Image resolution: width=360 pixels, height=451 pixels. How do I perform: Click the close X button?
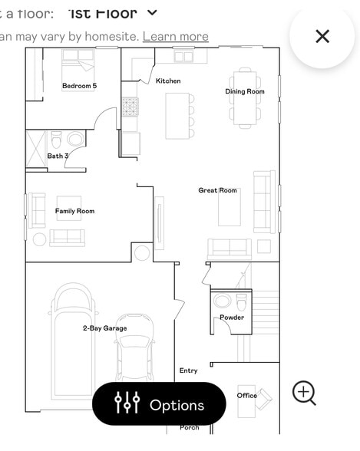(x=322, y=36)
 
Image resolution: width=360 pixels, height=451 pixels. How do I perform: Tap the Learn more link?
(x=175, y=36)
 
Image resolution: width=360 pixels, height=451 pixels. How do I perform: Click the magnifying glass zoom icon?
(x=304, y=393)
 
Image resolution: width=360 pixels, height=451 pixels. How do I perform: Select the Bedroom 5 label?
(x=79, y=86)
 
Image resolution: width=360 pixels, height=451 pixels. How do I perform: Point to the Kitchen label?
(x=168, y=81)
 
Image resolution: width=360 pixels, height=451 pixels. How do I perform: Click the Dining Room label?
(x=245, y=91)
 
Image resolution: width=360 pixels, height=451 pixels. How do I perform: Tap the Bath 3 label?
(x=58, y=156)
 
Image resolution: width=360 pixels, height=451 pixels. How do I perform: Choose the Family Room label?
(x=74, y=211)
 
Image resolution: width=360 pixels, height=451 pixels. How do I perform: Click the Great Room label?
(x=217, y=190)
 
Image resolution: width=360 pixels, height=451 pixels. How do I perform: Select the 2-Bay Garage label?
(x=104, y=328)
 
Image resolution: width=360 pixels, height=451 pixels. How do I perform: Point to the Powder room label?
(x=232, y=318)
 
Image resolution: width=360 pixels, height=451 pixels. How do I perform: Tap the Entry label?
(x=188, y=370)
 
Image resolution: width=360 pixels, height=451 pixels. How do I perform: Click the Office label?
(x=246, y=396)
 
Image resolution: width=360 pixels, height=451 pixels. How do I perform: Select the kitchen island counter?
(x=177, y=116)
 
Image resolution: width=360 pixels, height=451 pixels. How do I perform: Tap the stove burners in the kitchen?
(x=130, y=107)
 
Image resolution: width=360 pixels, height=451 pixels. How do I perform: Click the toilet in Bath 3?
(x=56, y=140)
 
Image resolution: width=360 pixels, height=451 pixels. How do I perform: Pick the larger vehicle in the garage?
(x=74, y=337)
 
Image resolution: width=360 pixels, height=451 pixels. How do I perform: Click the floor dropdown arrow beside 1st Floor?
(x=152, y=12)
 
